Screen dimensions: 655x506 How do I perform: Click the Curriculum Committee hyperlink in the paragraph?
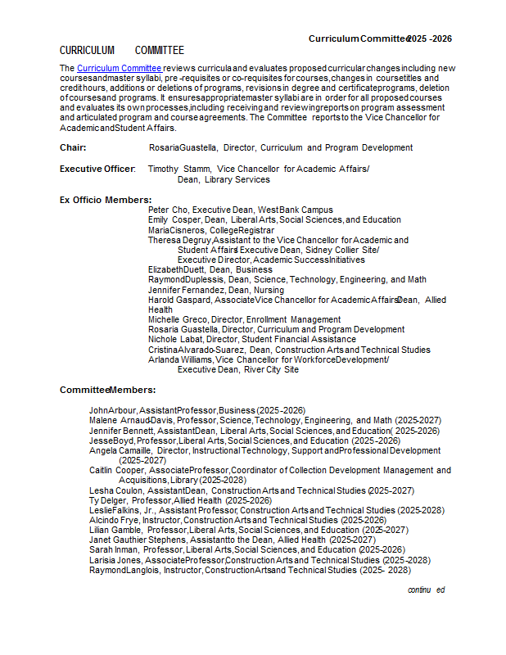(119, 68)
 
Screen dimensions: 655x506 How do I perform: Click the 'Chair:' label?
(73, 148)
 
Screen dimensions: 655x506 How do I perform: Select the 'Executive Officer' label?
(97, 169)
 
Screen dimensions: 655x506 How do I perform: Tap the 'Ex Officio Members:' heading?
(105, 200)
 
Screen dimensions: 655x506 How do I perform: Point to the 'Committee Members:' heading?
(107, 390)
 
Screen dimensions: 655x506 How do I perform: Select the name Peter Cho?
(168, 210)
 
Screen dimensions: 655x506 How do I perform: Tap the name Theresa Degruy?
(179, 240)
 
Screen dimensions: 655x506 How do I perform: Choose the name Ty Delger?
(107, 500)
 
